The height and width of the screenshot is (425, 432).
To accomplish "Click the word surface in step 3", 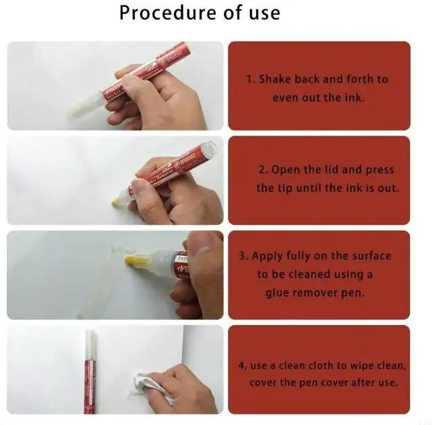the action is click(371, 255).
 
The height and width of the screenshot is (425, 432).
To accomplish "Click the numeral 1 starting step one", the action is click(249, 80).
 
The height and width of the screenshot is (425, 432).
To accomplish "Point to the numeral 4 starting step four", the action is click(242, 366).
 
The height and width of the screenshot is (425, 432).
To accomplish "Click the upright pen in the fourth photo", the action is click(90, 372).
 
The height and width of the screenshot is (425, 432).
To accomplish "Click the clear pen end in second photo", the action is click(208, 149).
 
